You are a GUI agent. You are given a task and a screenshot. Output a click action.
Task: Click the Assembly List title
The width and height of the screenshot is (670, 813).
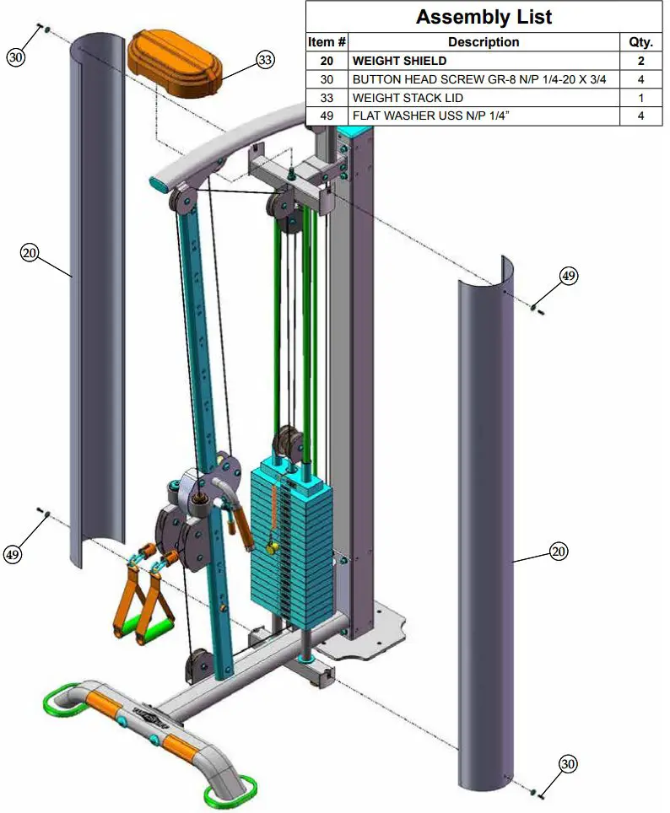pyautogui.click(x=484, y=17)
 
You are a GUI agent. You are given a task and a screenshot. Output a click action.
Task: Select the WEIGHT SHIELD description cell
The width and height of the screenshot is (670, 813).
pyautogui.click(x=484, y=61)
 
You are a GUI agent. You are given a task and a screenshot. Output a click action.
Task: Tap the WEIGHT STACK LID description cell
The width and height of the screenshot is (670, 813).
pyautogui.click(x=484, y=98)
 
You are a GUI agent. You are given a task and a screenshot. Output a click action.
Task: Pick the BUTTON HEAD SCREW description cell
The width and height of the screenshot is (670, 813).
pyautogui.click(x=484, y=79)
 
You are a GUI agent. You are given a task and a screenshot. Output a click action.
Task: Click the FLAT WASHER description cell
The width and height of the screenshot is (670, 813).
pyautogui.click(x=484, y=116)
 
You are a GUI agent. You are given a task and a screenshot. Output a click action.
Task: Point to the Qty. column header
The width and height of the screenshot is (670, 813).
pyautogui.click(x=641, y=42)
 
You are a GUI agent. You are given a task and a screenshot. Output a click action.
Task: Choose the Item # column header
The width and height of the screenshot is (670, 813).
pyautogui.click(x=327, y=42)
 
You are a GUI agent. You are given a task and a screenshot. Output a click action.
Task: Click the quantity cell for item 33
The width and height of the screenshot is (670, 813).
pyautogui.click(x=641, y=98)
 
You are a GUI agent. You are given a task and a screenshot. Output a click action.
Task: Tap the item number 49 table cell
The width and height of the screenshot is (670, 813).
pyautogui.click(x=327, y=116)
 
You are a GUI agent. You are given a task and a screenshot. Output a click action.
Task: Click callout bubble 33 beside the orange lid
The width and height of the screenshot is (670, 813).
pyautogui.click(x=265, y=60)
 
